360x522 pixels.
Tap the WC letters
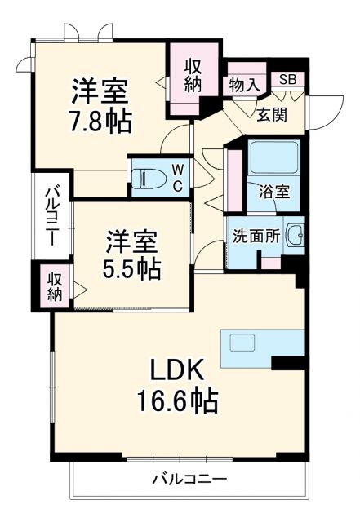coord(176,177)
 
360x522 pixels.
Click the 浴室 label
coord(272,193)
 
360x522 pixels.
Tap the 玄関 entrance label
coord(272,114)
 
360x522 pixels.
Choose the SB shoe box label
coord(288,79)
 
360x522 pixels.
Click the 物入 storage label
coord(244,83)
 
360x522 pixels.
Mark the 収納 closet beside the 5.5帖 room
coord(54,286)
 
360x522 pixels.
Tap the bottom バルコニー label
coord(189,478)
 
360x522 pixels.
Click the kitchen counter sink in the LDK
coord(247,341)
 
